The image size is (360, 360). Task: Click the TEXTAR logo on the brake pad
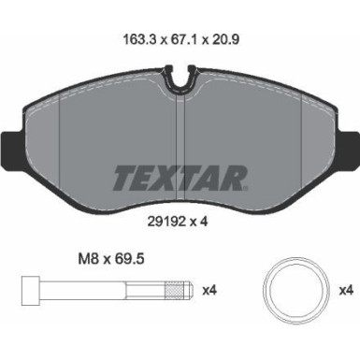[180, 176]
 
